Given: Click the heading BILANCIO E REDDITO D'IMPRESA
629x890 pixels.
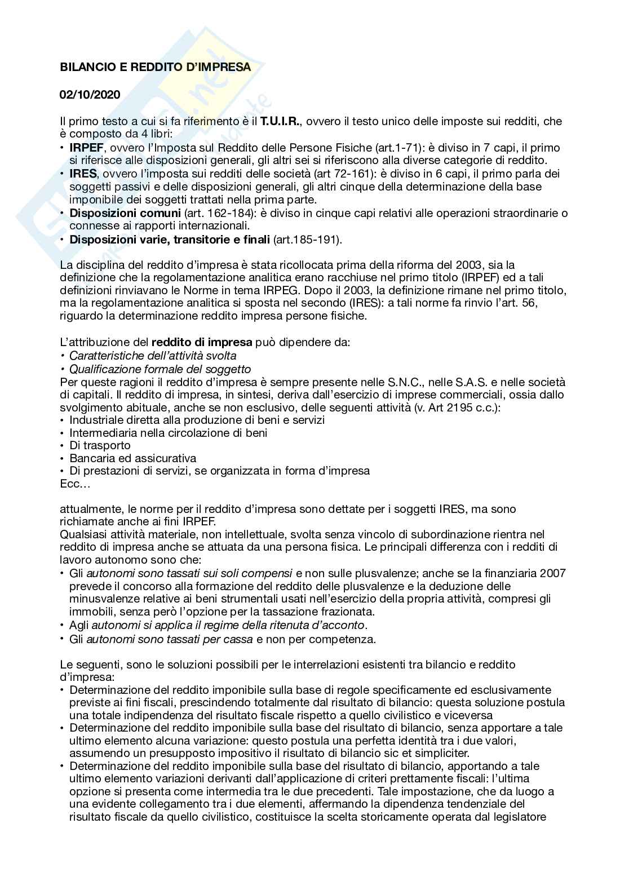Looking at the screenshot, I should pos(155,67).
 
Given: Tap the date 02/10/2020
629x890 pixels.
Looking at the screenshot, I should pos(90,95).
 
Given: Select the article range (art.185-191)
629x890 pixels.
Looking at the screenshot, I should pos(307,240).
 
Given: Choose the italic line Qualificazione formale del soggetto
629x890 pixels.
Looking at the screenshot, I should pos(160,369).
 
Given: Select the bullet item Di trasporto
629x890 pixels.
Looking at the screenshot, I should pos(100,445).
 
